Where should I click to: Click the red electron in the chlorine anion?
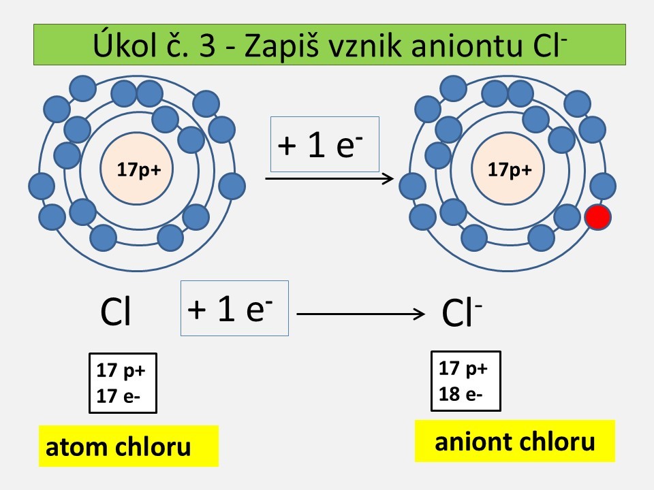pyautogui.click(x=598, y=217)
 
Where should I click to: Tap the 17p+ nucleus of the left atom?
pyautogui.click(x=137, y=169)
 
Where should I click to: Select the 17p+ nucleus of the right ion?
pyautogui.click(x=508, y=169)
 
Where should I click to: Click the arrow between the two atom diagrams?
pyautogui.click(x=329, y=179)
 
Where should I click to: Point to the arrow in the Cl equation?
pyautogui.click(x=360, y=314)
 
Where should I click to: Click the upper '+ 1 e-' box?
pyautogui.click(x=325, y=144)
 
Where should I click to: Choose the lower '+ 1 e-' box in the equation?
pyautogui.click(x=234, y=308)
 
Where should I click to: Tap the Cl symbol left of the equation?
pyautogui.click(x=116, y=311)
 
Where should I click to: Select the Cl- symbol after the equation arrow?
pyautogui.click(x=462, y=312)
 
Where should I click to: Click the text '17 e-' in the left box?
pyautogui.click(x=118, y=396)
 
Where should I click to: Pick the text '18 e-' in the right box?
pyautogui.click(x=461, y=394)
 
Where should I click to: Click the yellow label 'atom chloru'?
pyautogui.click(x=129, y=446)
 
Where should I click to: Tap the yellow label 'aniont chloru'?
pyautogui.click(x=515, y=441)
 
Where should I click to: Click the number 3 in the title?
pyautogui.click(x=207, y=46)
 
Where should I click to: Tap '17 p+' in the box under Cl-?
pyautogui.click(x=463, y=368)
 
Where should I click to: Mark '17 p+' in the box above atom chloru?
pyautogui.click(x=121, y=370)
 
